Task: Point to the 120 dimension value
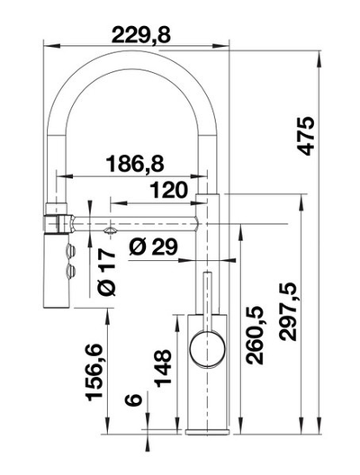pos(169,190)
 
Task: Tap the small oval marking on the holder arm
pos(109,230)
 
